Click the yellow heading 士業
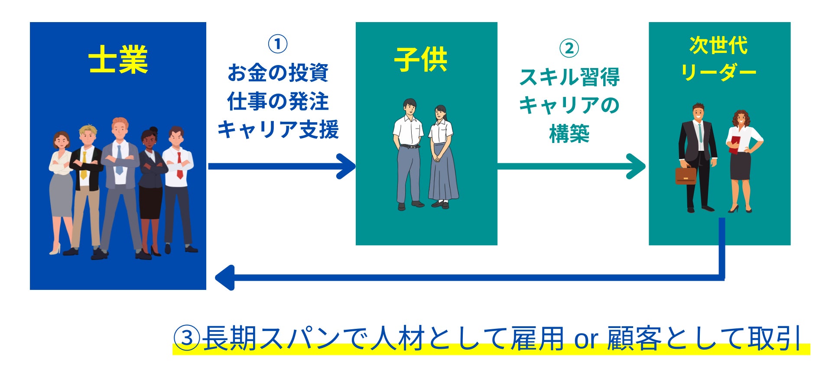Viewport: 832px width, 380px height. [x=118, y=59]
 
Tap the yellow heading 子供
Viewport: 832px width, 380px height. [x=421, y=59]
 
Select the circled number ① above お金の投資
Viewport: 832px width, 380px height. [x=278, y=44]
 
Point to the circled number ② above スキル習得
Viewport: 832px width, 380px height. [x=569, y=48]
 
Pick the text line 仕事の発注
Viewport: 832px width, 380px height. [x=278, y=101]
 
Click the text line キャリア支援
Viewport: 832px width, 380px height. [x=278, y=130]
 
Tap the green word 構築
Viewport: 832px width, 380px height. [x=569, y=133]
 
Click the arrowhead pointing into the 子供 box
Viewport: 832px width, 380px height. [x=347, y=166]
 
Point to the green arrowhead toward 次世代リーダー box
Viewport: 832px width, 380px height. [x=636, y=166]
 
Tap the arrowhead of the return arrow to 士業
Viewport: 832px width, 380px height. [x=224, y=277]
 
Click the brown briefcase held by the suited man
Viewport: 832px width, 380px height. [x=686, y=174]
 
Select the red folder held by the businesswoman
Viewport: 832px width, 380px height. [x=734, y=144]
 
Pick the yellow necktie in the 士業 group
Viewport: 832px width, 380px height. [x=84, y=165]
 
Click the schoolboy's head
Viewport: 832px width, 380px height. [x=409, y=107]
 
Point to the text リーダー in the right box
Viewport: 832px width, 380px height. [x=718, y=72]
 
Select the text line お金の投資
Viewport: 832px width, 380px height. [x=278, y=73]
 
